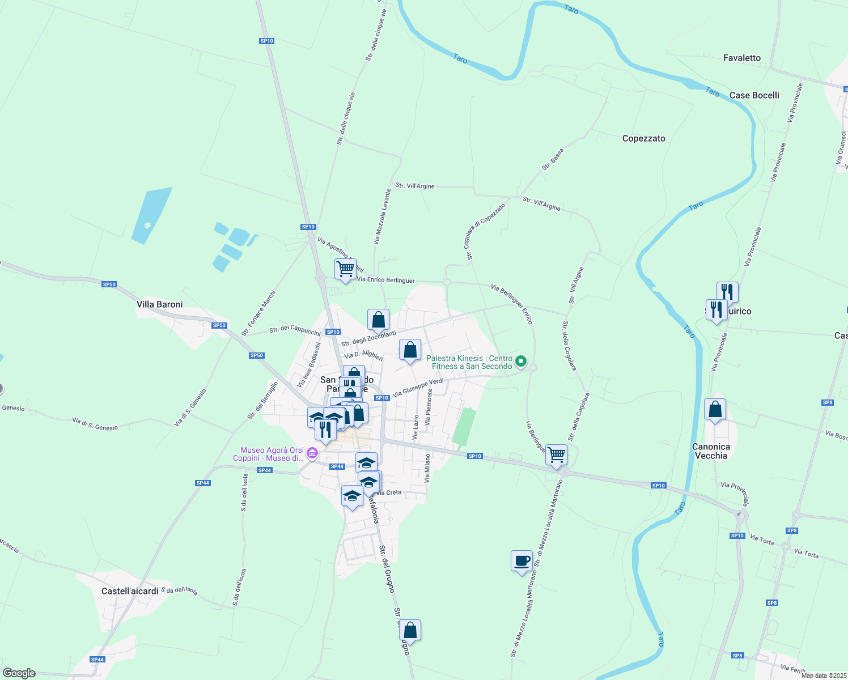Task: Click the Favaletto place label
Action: [x=741, y=58]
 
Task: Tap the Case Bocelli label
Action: [x=754, y=95]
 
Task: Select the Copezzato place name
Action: [x=643, y=138]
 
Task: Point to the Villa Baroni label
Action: [x=160, y=304]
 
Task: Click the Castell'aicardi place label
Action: [x=130, y=591]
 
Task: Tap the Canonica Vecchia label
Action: [x=711, y=451]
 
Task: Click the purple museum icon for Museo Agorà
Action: [x=312, y=453]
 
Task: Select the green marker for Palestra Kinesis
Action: [x=521, y=361]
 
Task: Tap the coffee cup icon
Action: [x=521, y=562]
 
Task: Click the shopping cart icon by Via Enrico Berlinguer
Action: [x=345, y=269]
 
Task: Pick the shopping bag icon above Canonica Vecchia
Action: [x=715, y=410]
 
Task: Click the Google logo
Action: [x=19, y=673]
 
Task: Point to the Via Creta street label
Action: [x=388, y=493]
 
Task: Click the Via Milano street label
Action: [x=427, y=468]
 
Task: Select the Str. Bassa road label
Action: [x=553, y=159]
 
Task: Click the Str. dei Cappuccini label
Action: [x=295, y=330]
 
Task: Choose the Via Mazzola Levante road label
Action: [x=382, y=217]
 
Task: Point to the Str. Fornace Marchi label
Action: [x=258, y=313]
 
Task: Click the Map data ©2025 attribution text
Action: [x=824, y=675]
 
